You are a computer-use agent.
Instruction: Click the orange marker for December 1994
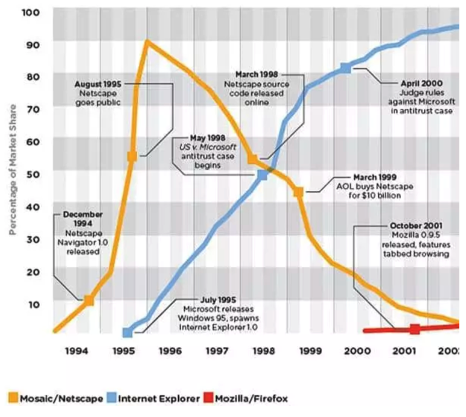click(x=89, y=300)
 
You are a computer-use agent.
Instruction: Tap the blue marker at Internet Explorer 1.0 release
click(x=127, y=332)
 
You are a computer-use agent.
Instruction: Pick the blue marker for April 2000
click(x=345, y=68)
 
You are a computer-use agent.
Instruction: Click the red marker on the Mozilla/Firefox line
click(x=415, y=329)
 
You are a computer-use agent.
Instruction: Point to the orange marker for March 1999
click(x=298, y=192)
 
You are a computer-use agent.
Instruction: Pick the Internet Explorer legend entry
click(x=153, y=398)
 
